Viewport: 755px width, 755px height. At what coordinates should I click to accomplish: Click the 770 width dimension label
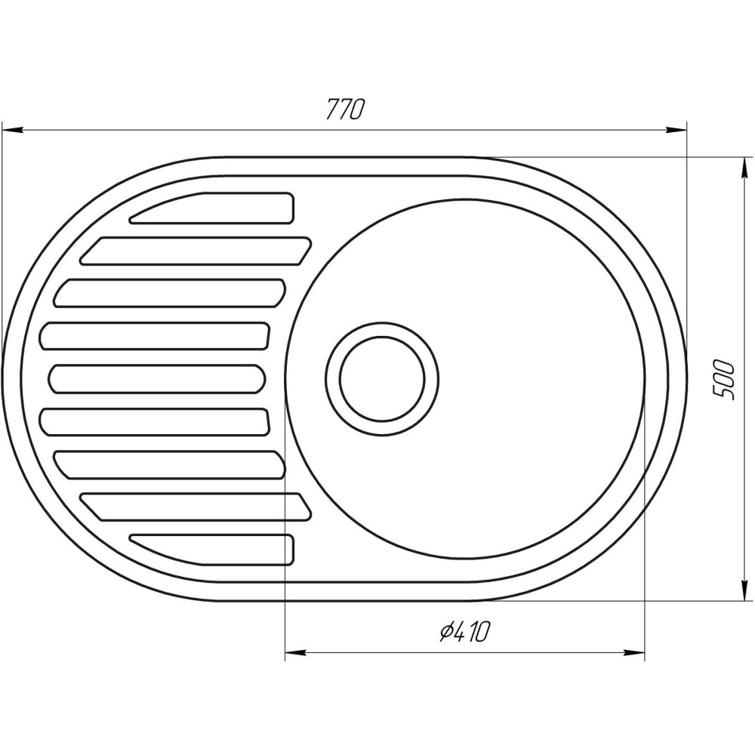[x=346, y=110]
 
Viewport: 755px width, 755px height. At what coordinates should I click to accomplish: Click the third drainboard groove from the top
[x=170, y=293]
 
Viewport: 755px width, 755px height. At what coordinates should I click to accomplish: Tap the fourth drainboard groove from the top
[x=156, y=336]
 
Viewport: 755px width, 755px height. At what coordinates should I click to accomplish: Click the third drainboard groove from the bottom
[x=170, y=464]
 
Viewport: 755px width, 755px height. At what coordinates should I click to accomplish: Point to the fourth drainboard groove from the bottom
[x=156, y=422]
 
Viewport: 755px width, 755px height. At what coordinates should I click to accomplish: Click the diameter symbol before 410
[x=445, y=631]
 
